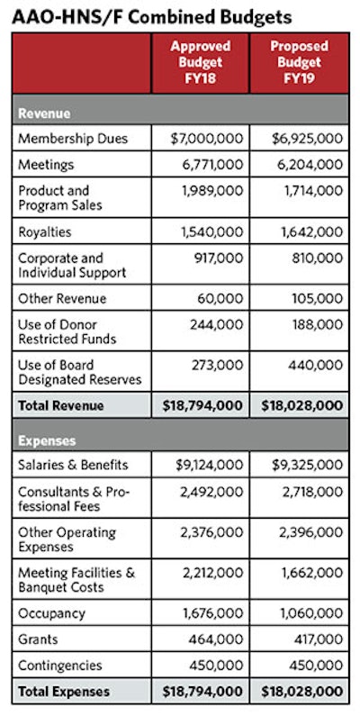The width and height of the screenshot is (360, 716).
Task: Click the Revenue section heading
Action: tap(45, 114)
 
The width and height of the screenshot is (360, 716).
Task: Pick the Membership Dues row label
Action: tap(73, 140)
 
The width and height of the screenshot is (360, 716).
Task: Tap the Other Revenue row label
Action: tap(62, 299)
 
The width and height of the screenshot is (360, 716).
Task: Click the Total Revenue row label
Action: tap(61, 405)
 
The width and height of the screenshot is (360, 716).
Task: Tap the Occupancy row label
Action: tap(51, 614)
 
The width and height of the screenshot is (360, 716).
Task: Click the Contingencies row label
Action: tap(61, 665)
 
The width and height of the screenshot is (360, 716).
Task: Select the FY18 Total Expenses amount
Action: tap(202, 692)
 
